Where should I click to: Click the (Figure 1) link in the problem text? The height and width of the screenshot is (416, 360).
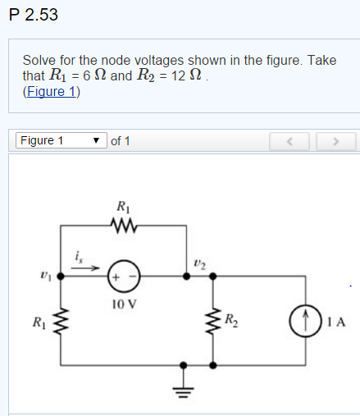[52, 91]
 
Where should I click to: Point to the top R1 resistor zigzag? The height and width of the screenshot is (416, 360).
[124, 224]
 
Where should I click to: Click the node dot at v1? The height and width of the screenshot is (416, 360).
[66, 277]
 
